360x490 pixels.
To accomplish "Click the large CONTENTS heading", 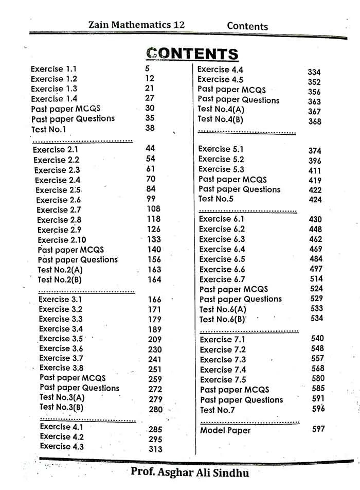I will [x=192, y=54].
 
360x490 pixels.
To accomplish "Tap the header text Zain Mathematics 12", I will [x=136, y=25].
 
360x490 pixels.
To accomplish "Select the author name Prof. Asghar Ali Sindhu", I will [x=189, y=472].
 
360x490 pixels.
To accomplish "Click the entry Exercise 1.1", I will [x=53, y=69].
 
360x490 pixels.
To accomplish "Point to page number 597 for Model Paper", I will [x=318, y=429].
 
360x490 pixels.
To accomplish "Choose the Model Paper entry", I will [x=225, y=430].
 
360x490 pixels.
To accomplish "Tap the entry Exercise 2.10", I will [x=62, y=240].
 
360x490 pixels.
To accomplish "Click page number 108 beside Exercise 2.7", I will [x=153, y=209].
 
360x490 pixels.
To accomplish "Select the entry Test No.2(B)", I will [x=60, y=279].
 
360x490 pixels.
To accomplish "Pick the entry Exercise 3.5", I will [x=61, y=339].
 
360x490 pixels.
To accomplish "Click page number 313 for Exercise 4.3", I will [x=155, y=449].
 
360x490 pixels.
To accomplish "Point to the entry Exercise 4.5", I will [x=220, y=79].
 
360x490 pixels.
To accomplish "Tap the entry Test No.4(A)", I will [x=221, y=109].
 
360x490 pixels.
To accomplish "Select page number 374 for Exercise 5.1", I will [x=315, y=151].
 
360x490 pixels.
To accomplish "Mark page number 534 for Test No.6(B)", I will [x=317, y=319].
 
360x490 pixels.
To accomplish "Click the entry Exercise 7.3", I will [x=223, y=360].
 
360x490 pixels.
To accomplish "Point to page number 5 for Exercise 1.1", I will [x=148, y=68].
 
